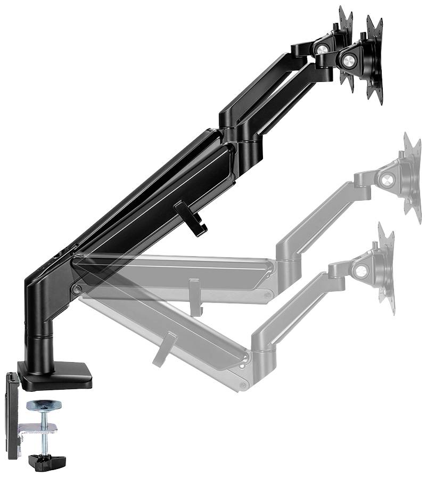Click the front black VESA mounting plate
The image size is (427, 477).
pyautogui.click(x=374, y=61)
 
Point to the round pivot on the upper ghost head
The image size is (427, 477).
pyautogui.click(x=388, y=179)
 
